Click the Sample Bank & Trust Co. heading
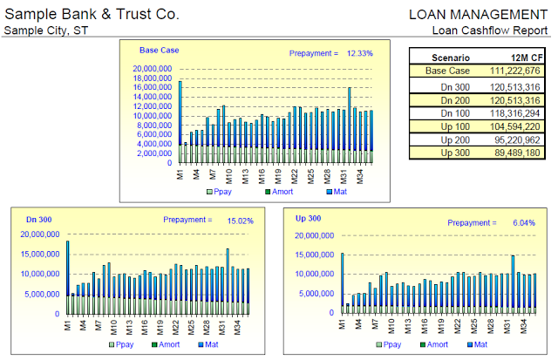click(92, 14)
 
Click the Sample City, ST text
click(46, 31)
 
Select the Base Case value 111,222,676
click(515, 70)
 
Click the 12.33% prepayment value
click(359, 53)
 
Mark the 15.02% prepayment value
click(239, 221)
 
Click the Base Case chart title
click(159, 51)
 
